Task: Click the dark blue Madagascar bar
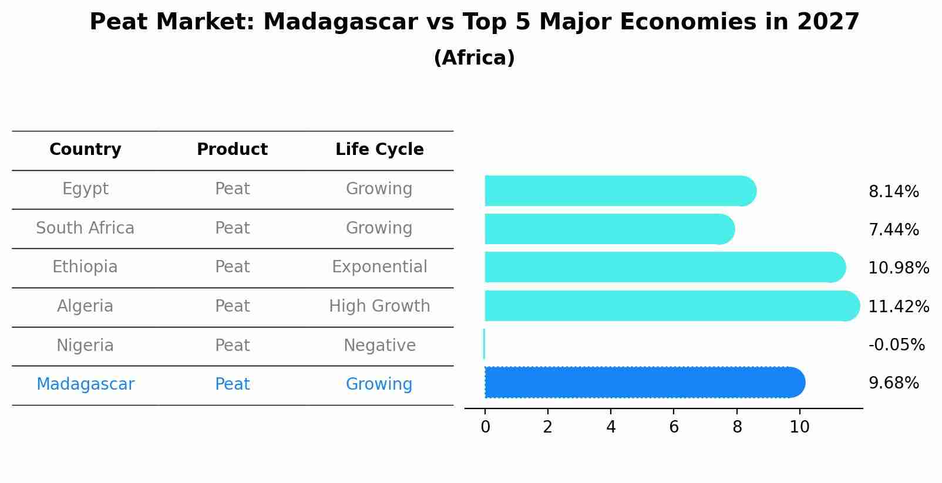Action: point(644,383)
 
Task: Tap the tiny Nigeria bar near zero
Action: point(484,344)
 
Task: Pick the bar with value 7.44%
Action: point(609,229)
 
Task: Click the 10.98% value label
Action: point(898,268)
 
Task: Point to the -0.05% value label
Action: point(896,344)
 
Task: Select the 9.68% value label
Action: point(893,383)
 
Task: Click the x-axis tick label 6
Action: point(674,427)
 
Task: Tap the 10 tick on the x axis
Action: point(799,427)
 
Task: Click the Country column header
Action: point(85,150)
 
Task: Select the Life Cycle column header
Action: point(379,150)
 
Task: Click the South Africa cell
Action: point(85,228)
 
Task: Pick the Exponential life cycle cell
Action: point(379,267)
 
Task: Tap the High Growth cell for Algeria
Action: point(379,306)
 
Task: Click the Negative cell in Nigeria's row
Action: point(379,345)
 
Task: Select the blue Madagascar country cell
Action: point(85,384)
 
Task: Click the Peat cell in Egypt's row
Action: point(232,189)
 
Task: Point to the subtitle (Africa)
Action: point(474,58)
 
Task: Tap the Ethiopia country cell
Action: point(85,267)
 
